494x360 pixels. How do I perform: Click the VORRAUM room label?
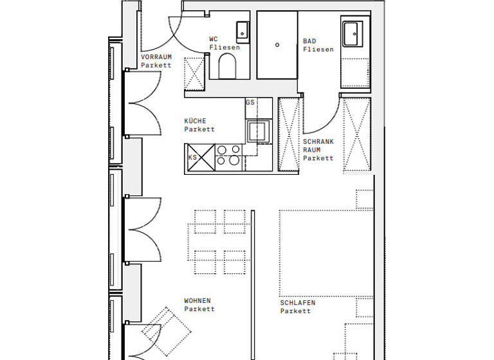point(156,61)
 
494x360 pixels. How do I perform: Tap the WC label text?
point(224,43)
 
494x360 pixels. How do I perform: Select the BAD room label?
point(318,46)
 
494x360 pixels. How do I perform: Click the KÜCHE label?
point(199,125)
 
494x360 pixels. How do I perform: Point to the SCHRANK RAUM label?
point(318,150)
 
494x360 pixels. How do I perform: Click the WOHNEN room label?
point(199,305)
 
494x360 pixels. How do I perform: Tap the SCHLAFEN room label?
point(298,307)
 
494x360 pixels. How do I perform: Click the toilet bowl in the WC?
point(227,66)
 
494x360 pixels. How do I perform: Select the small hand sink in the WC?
point(242,30)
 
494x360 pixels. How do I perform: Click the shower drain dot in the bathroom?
point(277,45)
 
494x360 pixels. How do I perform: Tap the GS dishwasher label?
point(250,103)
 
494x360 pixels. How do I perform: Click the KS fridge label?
point(192,157)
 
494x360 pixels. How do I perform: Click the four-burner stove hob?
point(228,156)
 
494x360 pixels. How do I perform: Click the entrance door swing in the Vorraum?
point(161,35)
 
